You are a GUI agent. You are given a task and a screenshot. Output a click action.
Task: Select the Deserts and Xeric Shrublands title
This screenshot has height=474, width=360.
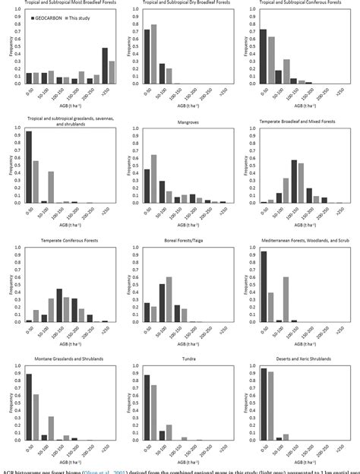301,358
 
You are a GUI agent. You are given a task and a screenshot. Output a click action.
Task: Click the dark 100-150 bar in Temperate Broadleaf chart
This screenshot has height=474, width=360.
294,182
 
